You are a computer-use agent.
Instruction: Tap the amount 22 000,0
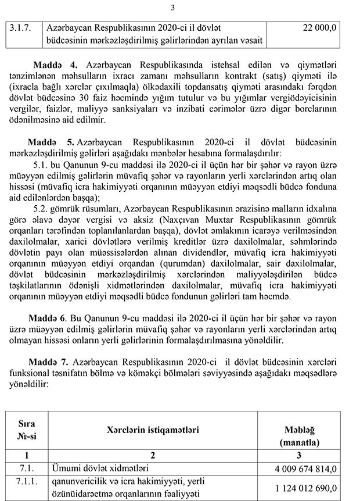click(x=320, y=27)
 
